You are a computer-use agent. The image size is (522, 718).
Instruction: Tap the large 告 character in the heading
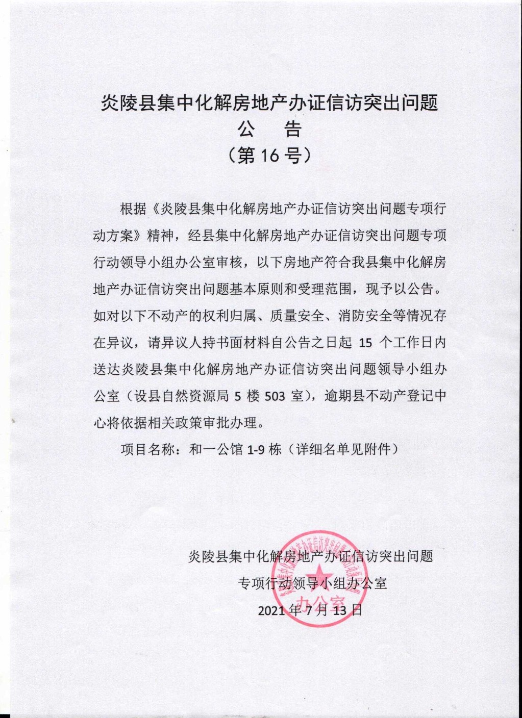(x=293, y=130)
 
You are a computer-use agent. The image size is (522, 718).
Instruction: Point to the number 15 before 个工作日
(x=366, y=343)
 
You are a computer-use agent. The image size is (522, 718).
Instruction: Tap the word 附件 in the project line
(x=377, y=450)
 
